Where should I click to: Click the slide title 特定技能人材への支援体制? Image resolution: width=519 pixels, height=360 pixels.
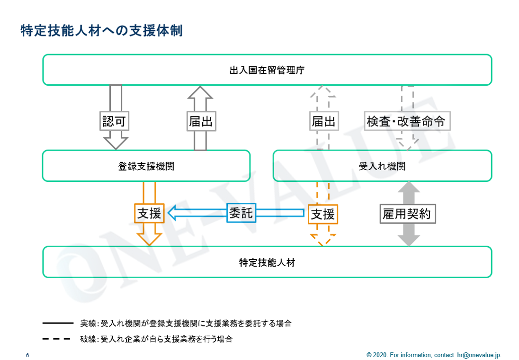(x=101, y=30)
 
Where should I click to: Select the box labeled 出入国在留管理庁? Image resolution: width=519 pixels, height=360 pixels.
(x=267, y=70)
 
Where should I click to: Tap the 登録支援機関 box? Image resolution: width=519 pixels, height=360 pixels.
(x=146, y=166)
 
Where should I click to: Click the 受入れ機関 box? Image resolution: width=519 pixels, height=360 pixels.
(x=382, y=166)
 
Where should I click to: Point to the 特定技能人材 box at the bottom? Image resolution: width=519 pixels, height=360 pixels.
(x=267, y=262)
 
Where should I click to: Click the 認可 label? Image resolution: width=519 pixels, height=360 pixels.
(x=114, y=121)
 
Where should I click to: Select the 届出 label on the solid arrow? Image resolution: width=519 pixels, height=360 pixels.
(x=201, y=121)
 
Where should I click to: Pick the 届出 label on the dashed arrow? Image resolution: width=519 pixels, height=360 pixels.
(x=324, y=121)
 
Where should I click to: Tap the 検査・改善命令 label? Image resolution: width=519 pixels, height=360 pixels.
(x=407, y=121)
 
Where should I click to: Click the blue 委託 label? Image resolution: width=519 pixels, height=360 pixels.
(x=242, y=213)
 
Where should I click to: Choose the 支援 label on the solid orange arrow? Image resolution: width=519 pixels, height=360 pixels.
(x=149, y=213)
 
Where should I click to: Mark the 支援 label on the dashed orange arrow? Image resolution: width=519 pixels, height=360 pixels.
(x=323, y=214)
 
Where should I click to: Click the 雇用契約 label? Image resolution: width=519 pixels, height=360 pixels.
(x=407, y=214)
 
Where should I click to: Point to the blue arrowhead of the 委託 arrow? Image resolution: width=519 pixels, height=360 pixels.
(x=171, y=213)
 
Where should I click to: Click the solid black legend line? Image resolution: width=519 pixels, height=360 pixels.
(x=58, y=323)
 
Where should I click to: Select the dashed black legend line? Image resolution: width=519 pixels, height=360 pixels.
(x=56, y=339)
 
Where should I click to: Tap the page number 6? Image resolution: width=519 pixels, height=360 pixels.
(x=27, y=355)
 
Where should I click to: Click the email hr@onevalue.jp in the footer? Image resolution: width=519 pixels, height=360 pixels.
(x=479, y=355)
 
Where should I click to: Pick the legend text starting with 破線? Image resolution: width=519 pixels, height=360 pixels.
(x=156, y=339)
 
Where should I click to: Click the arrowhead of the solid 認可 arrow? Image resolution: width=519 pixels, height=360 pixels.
(x=116, y=143)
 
